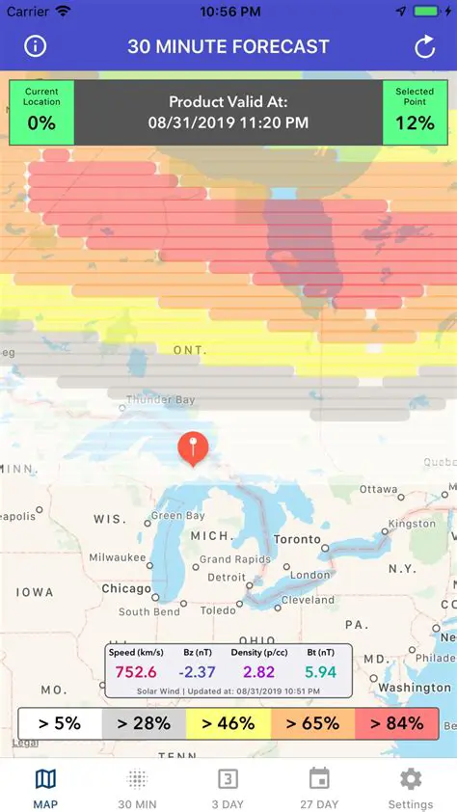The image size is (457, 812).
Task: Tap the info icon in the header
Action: pos(36,46)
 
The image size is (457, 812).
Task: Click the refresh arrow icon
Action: pos(424,46)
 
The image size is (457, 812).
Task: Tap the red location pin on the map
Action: pos(194,447)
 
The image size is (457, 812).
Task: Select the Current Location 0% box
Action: pos(41,112)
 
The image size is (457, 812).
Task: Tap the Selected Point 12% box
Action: pos(415,112)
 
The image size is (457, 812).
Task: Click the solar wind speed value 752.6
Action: pos(136,671)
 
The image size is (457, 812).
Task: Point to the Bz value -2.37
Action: pos(200,671)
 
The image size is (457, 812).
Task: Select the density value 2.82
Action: pos(258,671)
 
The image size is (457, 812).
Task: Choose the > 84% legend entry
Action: pos(396,723)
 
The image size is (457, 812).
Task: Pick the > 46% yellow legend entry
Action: pos(228,723)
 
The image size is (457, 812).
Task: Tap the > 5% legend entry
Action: pos(60,723)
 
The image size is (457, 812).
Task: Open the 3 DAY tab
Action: pos(228,787)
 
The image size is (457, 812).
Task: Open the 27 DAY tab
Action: pos(319,787)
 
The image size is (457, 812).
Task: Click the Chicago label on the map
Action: pos(126,588)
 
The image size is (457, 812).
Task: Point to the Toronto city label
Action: pos(297,539)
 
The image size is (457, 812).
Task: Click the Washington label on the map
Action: pos(415,688)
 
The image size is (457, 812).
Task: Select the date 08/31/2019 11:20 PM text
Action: pos(228,122)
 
